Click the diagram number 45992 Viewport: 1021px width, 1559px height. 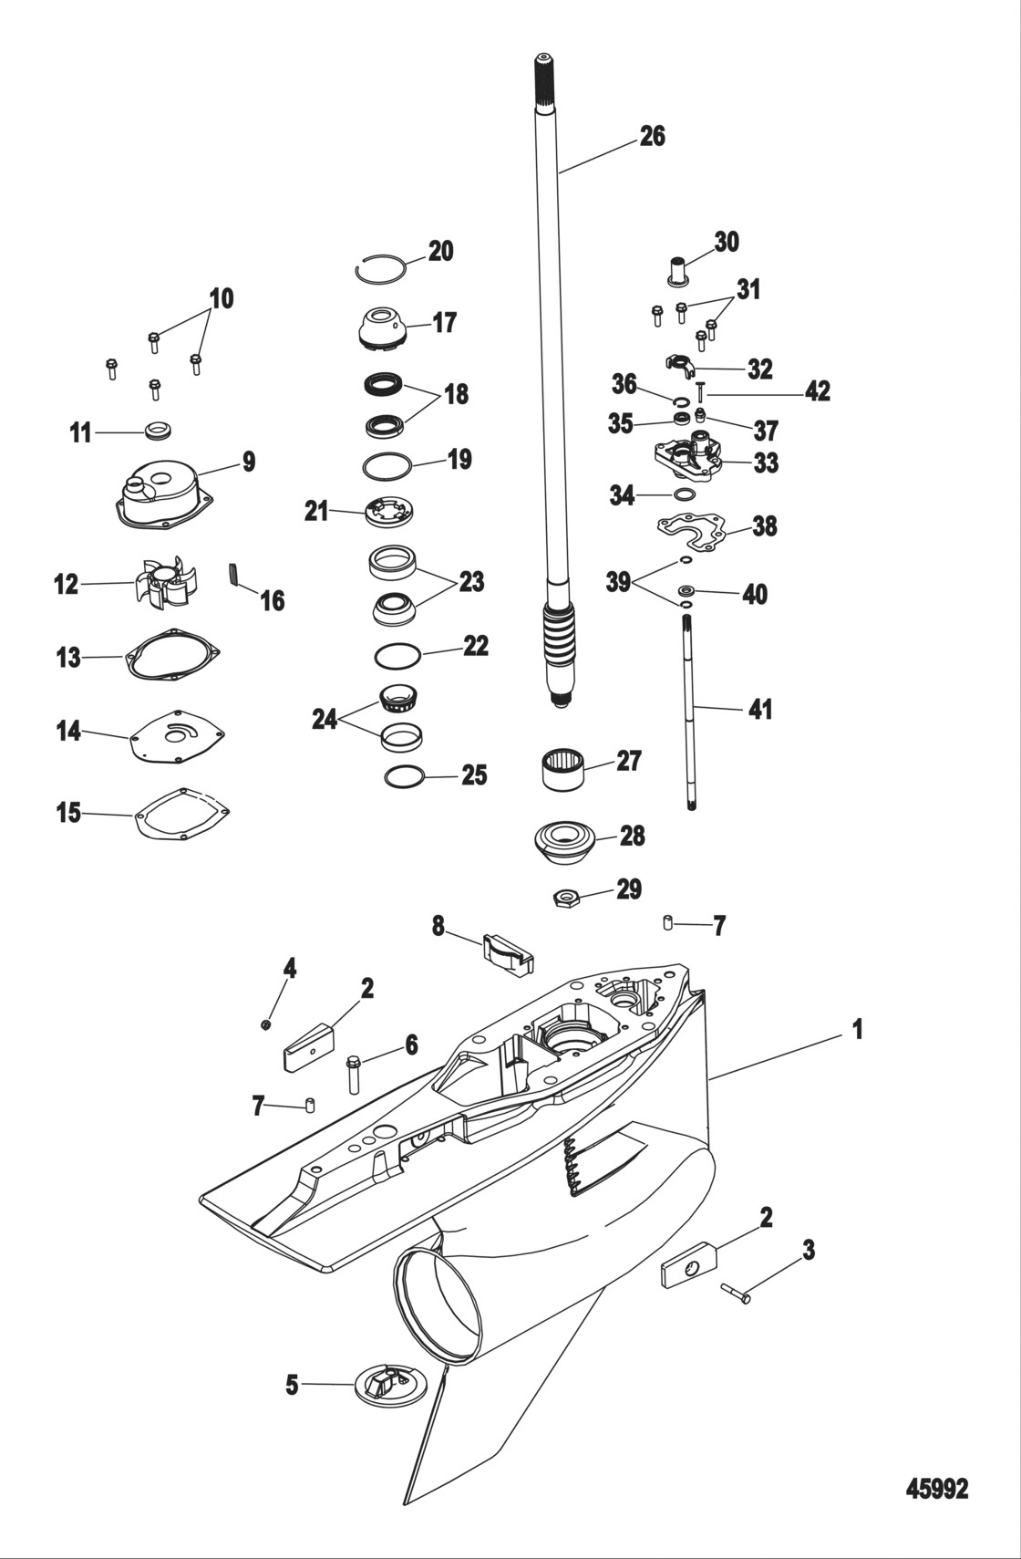tap(936, 1489)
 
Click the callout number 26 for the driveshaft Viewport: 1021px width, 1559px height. tap(652, 137)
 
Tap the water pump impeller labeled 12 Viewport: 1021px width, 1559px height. tap(167, 585)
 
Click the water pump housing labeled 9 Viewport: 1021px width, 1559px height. tap(164, 495)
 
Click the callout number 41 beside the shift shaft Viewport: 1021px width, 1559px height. tap(759, 709)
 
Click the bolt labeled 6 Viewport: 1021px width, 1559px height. tap(354, 1073)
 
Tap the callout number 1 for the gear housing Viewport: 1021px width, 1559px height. tap(857, 1030)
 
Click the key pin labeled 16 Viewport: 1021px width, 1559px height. tap(234, 577)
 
